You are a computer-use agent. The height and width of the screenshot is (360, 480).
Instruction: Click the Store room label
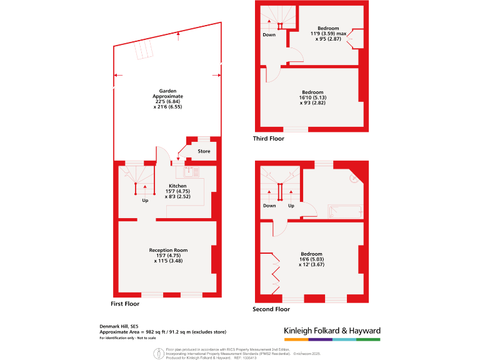tap(204, 151)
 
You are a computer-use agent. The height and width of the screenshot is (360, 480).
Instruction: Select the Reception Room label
tap(168, 250)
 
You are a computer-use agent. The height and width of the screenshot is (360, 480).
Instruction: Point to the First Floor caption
tap(125, 304)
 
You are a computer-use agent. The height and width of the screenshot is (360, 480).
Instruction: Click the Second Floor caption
tap(271, 309)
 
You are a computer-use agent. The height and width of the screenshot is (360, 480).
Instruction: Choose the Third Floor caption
tap(269, 139)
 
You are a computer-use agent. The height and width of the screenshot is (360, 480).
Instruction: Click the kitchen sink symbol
tap(191, 171)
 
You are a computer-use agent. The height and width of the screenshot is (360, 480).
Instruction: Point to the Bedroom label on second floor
tap(311, 254)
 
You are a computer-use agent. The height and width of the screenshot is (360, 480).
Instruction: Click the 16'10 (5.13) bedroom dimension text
tap(314, 98)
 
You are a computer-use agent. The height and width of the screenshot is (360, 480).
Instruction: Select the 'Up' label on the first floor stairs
tap(145, 201)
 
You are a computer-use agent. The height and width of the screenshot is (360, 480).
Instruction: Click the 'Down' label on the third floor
tap(269, 35)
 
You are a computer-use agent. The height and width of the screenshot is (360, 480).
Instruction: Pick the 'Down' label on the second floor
tap(269, 206)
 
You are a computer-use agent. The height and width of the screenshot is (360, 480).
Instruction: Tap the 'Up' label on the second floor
tap(291, 206)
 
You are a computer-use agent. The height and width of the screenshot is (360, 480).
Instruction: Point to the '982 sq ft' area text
tap(154, 332)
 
